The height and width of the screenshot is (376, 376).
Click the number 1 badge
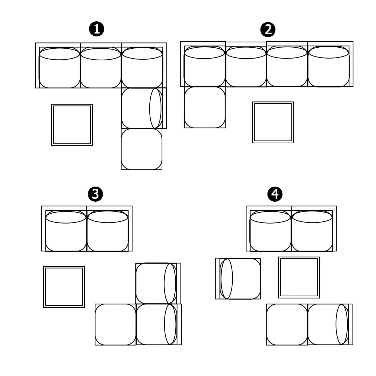[96, 29]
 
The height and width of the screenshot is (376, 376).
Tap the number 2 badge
[268, 30]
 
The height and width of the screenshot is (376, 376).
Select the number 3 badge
[95, 194]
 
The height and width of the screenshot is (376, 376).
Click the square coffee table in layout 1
[72, 125]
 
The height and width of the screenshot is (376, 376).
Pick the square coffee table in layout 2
[273, 122]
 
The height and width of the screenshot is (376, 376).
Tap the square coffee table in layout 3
[64, 287]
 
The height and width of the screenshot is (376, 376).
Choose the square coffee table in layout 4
[299, 277]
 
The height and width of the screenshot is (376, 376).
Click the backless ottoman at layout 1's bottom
[142, 149]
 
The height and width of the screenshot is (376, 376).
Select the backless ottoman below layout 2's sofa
[205, 107]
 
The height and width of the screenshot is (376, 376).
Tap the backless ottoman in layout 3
[116, 324]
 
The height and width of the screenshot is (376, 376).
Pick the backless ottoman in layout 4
[287, 324]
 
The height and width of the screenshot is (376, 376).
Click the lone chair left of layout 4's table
[238, 279]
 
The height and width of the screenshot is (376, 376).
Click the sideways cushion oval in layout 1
[156, 108]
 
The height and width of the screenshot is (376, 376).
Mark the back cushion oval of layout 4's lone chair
[227, 279]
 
